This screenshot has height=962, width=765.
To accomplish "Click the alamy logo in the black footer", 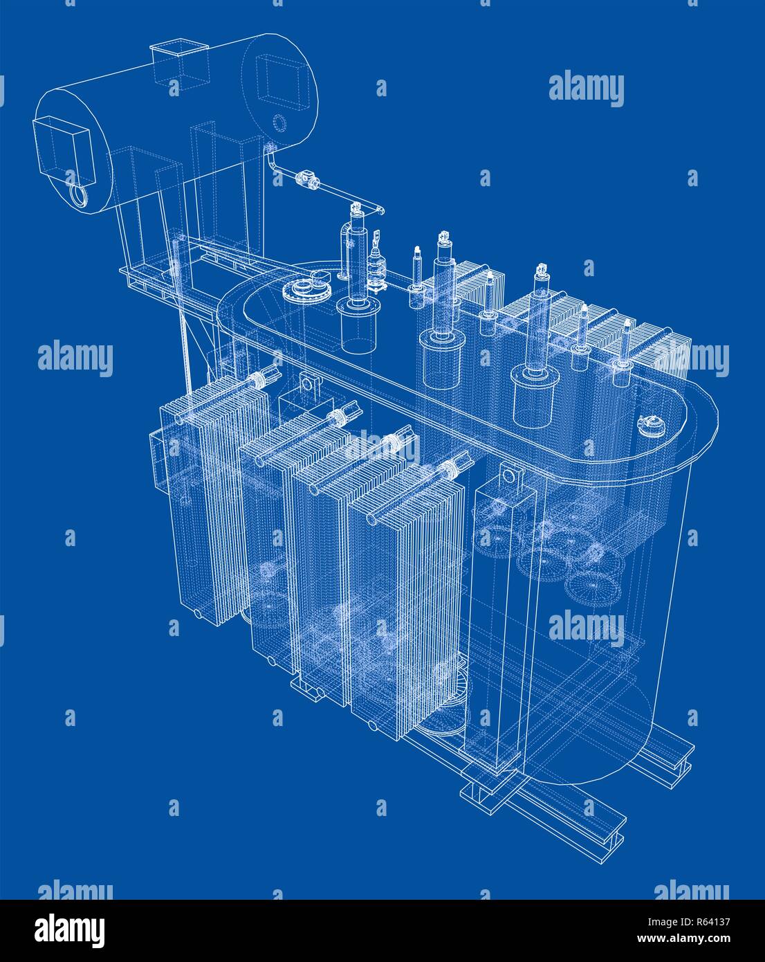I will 72,928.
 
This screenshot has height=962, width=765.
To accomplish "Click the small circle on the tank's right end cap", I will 279,123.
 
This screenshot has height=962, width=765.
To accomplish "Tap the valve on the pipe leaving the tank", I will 304,179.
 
